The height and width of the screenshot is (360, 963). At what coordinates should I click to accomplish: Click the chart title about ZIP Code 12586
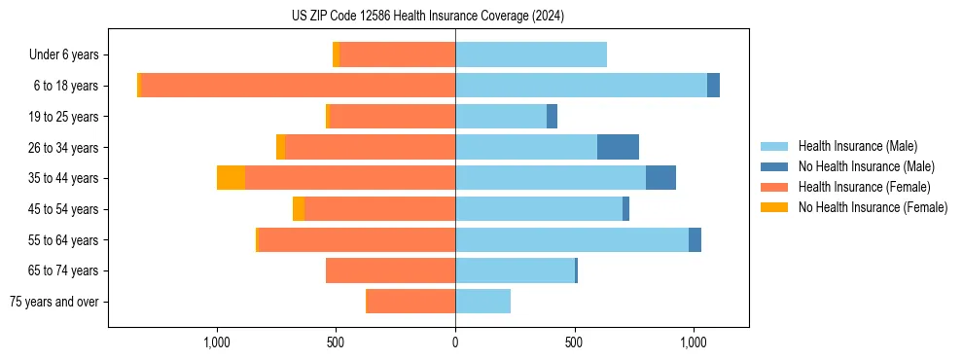(428, 17)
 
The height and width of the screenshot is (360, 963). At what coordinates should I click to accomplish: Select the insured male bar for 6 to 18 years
(581, 86)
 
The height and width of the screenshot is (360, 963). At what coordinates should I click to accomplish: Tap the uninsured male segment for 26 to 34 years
(618, 147)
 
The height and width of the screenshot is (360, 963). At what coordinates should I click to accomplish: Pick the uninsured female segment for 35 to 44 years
(231, 178)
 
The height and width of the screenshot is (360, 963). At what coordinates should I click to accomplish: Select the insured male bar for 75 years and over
(482, 302)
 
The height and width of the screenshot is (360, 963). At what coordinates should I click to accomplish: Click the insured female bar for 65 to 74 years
(390, 270)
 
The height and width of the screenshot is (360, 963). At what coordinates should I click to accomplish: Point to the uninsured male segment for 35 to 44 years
(660, 178)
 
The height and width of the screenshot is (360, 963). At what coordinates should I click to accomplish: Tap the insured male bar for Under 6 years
(531, 54)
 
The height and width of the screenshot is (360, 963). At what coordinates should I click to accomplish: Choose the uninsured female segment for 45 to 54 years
(299, 209)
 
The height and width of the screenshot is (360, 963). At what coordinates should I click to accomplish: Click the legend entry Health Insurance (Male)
(857, 146)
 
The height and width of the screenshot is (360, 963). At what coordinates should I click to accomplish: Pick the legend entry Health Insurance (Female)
(864, 187)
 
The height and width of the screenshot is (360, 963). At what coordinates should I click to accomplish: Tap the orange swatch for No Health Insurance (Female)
(775, 207)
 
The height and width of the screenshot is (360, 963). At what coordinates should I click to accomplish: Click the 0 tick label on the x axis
(455, 342)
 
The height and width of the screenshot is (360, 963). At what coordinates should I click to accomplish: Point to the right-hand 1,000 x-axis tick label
(694, 342)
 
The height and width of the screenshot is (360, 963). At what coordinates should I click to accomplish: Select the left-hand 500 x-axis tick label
(336, 342)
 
